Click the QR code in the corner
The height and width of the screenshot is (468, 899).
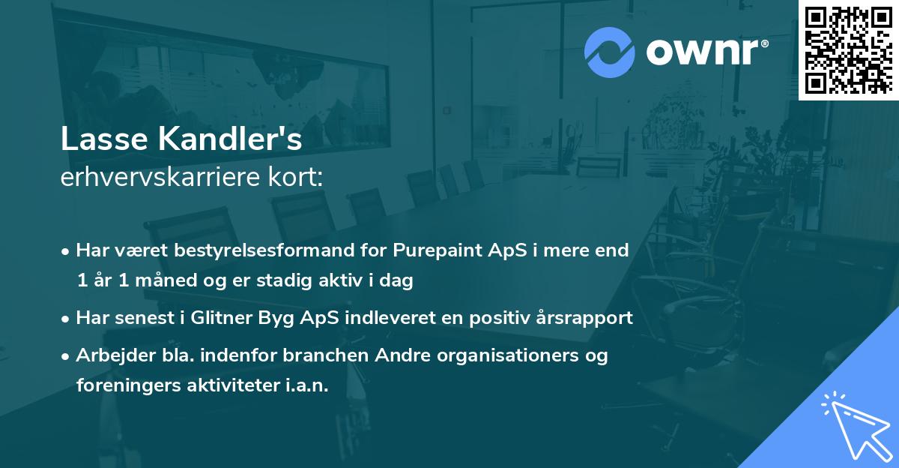(x=848, y=50)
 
